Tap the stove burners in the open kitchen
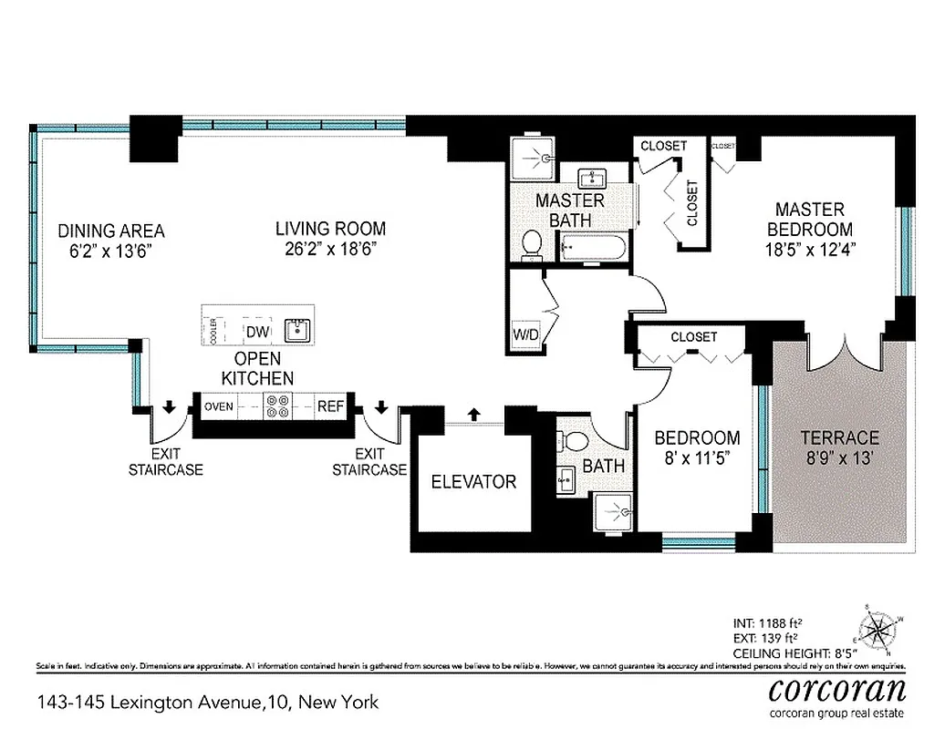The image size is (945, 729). [x=276, y=406]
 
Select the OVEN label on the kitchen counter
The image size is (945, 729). [x=220, y=406]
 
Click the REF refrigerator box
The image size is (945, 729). [x=329, y=406]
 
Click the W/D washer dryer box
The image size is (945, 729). [x=525, y=334]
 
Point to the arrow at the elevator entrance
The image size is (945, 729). [x=473, y=415]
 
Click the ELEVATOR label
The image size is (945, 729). [x=473, y=481]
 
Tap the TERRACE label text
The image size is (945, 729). [x=839, y=437]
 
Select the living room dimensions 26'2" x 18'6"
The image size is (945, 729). [x=331, y=248]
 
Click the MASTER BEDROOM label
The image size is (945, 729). [x=810, y=220]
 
